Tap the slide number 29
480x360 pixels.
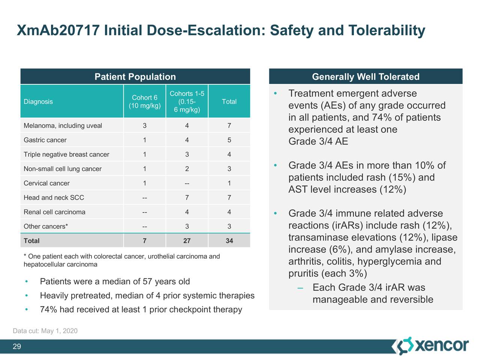[x=17, y=346]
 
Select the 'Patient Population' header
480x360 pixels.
[x=135, y=77]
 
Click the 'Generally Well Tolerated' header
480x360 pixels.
[x=366, y=77]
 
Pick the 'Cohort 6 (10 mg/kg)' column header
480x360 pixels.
[x=145, y=102]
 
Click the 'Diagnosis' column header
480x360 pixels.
[x=38, y=102]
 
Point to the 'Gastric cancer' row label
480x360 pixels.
[x=45, y=140]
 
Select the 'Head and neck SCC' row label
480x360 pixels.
[x=54, y=198]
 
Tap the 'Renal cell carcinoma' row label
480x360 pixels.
[x=54, y=212]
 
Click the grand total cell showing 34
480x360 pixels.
[x=229, y=241]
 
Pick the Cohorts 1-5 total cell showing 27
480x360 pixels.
[x=187, y=241]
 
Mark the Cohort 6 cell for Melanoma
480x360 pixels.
[x=145, y=126]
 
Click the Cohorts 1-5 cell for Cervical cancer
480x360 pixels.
[x=187, y=183]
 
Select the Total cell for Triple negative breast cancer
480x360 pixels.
[x=229, y=154]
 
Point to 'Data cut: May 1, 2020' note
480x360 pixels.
[x=45, y=331]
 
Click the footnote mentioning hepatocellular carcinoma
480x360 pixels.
[x=121, y=260]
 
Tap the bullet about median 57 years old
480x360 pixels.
[x=115, y=282]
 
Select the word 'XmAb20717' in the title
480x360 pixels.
[x=58, y=30]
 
